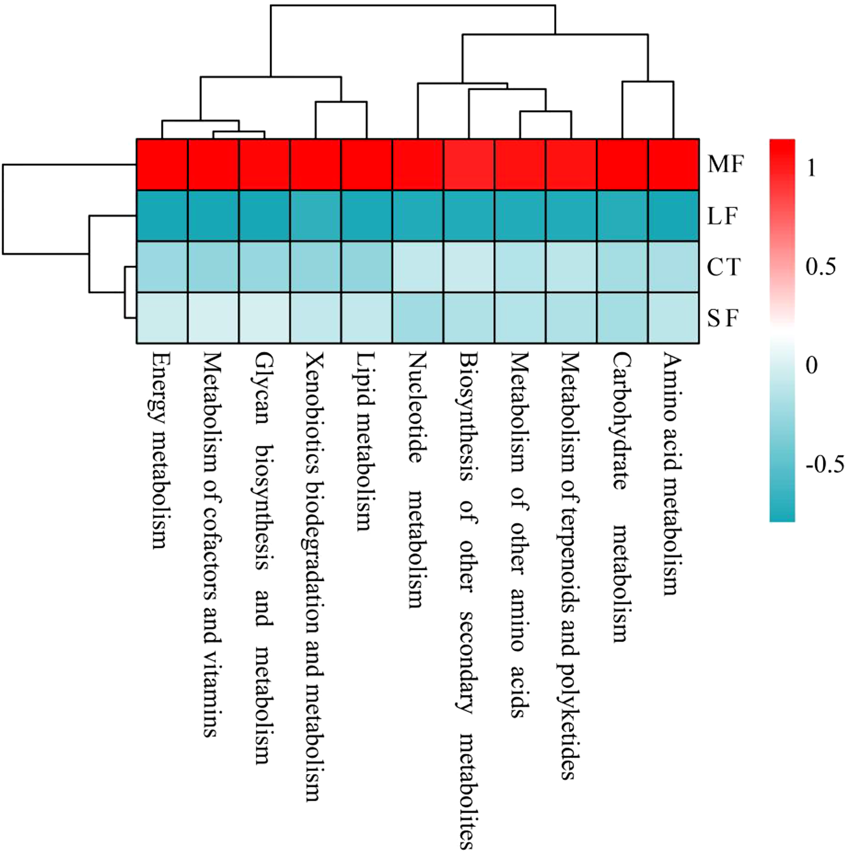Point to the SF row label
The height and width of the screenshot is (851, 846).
click(723, 318)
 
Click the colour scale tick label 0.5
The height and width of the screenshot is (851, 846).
click(820, 267)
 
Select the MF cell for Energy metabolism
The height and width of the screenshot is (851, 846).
click(162, 165)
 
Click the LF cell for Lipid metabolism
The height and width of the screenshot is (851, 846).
click(366, 216)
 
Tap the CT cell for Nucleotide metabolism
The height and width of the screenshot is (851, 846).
click(418, 267)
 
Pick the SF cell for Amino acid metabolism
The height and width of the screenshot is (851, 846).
click(674, 318)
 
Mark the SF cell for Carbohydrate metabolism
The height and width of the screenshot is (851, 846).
click(623, 318)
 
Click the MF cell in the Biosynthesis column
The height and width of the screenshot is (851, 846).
click(469, 165)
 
